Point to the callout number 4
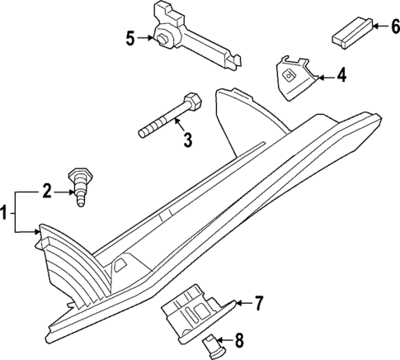click(341, 78)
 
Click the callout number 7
click(258, 304)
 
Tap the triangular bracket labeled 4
click(294, 78)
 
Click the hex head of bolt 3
click(193, 102)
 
